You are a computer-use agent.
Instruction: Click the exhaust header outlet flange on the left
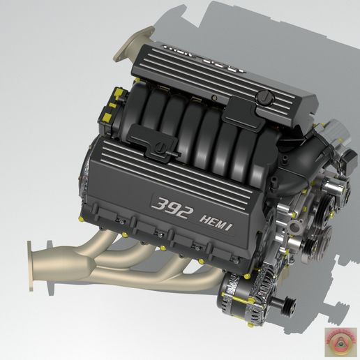tap(33, 266)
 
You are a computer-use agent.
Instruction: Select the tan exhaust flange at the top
tap(134, 42)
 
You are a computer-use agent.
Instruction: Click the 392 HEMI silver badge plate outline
tap(192, 212)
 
